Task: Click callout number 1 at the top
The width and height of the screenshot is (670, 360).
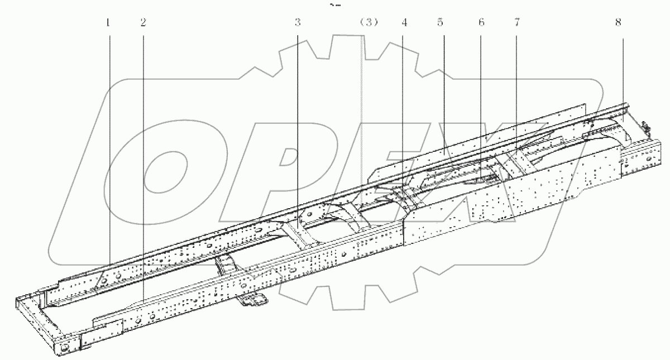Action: pyautogui.click(x=108, y=23)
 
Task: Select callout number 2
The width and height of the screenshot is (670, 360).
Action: pyautogui.click(x=143, y=23)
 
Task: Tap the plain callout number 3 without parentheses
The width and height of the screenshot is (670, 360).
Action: pyautogui.click(x=298, y=23)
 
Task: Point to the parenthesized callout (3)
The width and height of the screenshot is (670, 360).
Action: pyautogui.click(x=368, y=23)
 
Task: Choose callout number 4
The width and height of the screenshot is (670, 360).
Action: pyautogui.click(x=404, y=23)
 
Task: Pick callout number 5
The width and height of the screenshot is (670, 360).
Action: pyautogui.click(x=440, y=23)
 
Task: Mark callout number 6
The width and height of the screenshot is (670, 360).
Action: pyautogui.click(x=481, y=23)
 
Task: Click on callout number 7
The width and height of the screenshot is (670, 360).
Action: pyautogui.click(x=516, y=23)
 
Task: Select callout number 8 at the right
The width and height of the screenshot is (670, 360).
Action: pyautogui.click(x=618, y=23)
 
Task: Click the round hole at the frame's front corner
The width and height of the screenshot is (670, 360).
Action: pyautogui.click(x=64, y=348)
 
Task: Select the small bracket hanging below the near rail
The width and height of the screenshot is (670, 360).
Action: pyautogui.click(x=254, y=301)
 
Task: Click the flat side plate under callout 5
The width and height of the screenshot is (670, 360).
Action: pyautogui.click(x=447, y=151)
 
